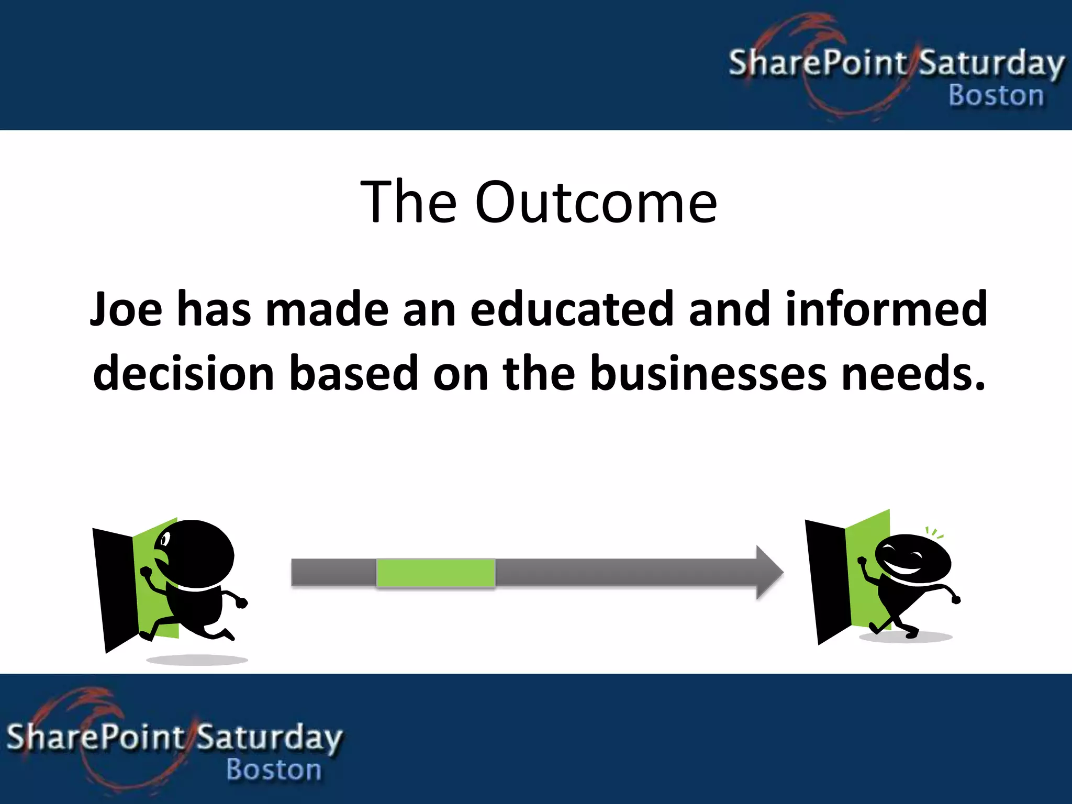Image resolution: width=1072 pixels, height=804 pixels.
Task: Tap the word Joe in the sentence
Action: (x=126, y=310)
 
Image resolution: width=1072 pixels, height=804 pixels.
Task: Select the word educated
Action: (x=571, y=310)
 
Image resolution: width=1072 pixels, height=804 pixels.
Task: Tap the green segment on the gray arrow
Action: (x=435, y=573)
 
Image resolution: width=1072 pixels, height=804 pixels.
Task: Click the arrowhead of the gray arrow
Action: (x=769, y=573)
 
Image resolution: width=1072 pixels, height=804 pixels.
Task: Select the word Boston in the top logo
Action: (x=996, y=96)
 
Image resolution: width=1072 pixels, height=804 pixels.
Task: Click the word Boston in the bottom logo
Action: (x=274, y=770)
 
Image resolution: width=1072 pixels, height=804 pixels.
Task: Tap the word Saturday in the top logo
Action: (x=991, y=64)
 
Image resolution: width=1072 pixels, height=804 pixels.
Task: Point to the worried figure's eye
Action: (x=165, y=539)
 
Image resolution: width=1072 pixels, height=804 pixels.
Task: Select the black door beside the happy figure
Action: (x=826, y=581)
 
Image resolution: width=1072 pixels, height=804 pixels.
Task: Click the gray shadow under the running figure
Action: (x=197, y=660)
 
